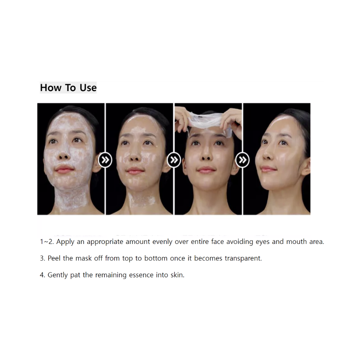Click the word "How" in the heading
click(51, 88)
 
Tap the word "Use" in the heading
click(88, 88)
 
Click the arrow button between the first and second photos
click(105, 160)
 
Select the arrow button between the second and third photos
click(174, 160)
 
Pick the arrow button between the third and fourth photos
click(243, 160)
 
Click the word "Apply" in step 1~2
click(65, 242)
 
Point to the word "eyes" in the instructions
click(262, 242)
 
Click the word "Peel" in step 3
click(54, 258)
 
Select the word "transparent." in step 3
click(243, 259)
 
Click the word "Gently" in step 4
click(57, 275)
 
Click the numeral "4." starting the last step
click(42, 275)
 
